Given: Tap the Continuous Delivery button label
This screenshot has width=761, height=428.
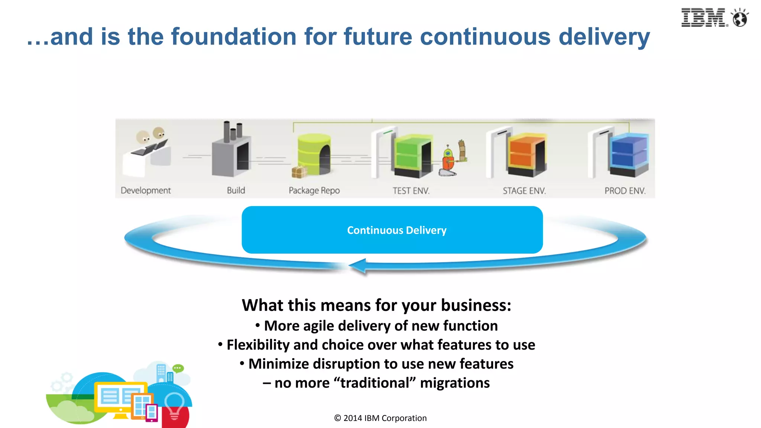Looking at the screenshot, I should click(396, 230).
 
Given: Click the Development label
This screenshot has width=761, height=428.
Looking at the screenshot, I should click(146, 191).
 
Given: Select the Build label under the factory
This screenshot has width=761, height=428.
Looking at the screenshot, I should click(236, 191).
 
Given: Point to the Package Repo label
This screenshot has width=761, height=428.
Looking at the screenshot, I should click(314, 191).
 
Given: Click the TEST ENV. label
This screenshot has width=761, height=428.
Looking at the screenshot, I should click(411, 191).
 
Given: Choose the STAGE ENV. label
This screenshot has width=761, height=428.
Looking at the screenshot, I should click(524, 191).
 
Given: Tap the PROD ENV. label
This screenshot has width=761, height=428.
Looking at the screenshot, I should click(625, 191).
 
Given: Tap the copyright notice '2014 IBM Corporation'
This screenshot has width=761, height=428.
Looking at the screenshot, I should click(385, 418).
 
